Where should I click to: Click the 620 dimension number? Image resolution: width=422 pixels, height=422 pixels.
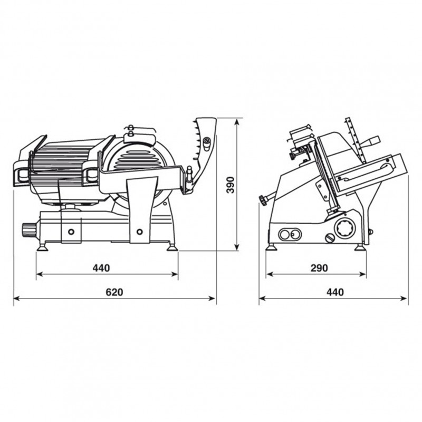pyautogui.click(x=114, y=292)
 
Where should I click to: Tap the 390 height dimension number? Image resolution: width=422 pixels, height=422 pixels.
pyautogui.click(x=231, y=185)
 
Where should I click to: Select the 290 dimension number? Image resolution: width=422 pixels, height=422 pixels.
pyautogui.click(x=320, y=268)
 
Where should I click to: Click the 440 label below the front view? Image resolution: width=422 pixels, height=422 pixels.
pyautogui.click(x=101, y=268)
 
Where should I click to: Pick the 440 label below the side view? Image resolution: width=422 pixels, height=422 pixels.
pyautogui.click(x=335, y=292)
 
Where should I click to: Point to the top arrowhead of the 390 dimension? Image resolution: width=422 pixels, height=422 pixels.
pyautogui.click(x=236, y=122)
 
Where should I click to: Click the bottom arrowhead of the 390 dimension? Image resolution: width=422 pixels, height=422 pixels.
pyautogui.click(x=236, y=247)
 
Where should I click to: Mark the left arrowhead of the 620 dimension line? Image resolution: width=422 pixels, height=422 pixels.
pyautogui.click(x=17, y=298)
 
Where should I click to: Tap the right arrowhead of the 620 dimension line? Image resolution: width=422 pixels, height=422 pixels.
pyautogui.click(x=213, y=298)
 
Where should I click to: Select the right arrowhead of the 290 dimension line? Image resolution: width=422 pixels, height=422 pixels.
pyautogui.click(x=363, y=274)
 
